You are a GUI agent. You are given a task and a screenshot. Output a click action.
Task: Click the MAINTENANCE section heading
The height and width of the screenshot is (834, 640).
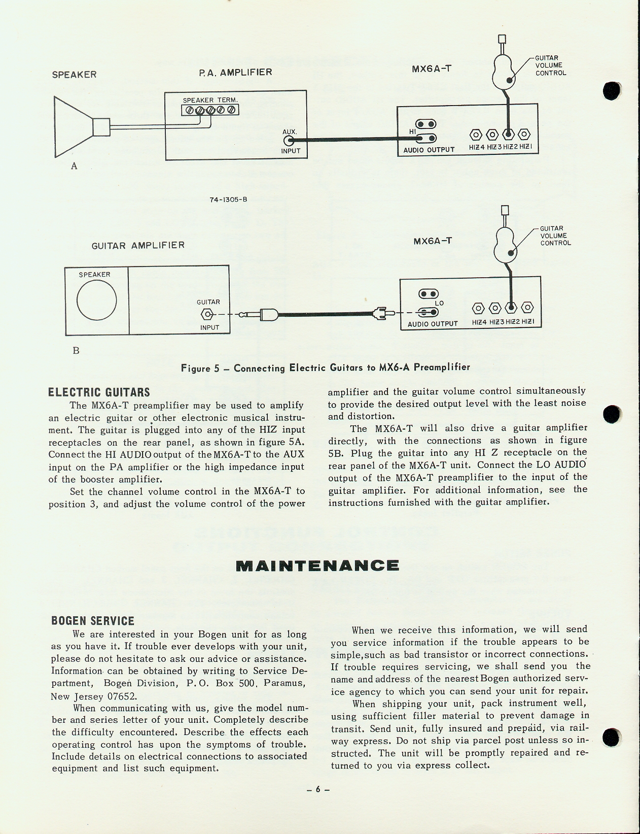(x=317, y=565)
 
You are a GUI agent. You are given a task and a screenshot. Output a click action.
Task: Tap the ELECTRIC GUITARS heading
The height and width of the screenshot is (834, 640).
(x=99, y=392)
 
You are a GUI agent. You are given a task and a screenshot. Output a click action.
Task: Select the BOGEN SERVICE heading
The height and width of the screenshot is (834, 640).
(x=93, y=621)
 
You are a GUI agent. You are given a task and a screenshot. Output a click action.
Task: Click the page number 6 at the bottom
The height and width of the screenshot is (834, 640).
(x=318, y=789)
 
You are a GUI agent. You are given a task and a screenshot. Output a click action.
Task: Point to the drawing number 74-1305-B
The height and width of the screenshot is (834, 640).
(x=228, y=199)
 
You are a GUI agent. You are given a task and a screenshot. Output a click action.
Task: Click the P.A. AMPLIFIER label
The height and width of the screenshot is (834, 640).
(x=235, y=72)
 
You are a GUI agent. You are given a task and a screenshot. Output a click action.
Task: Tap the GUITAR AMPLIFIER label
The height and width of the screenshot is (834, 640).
(x=138, y=246)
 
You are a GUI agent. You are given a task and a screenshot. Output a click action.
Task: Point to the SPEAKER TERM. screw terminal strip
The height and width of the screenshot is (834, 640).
(x=210, y=110)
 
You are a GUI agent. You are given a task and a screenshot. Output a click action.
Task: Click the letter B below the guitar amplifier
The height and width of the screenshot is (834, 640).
(x=76, y=350)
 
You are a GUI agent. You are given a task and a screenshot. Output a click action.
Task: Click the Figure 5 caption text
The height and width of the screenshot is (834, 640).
(x=326, y=367)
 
